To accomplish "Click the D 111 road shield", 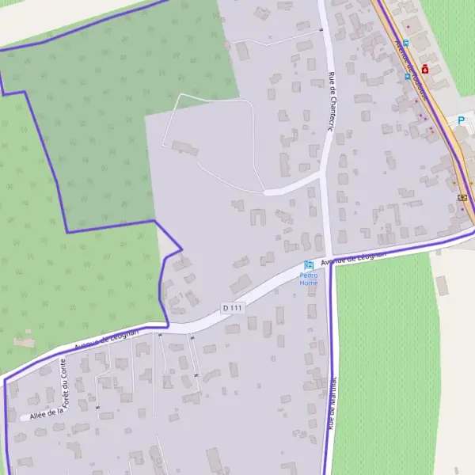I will click(x=231, y=307).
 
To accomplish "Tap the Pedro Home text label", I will click(x=309, y=279).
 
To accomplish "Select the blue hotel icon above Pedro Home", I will click(x=309, y=264).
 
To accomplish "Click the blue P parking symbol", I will click(x=460, y=120).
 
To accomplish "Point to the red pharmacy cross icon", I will click(x=425, y=69).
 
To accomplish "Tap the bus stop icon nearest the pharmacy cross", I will click(x=408, y=77).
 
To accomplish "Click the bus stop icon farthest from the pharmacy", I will click(x=405, y=43).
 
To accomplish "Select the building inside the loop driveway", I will click(x=186, y=148).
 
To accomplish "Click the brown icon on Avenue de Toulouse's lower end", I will click(x=462, y=197).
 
